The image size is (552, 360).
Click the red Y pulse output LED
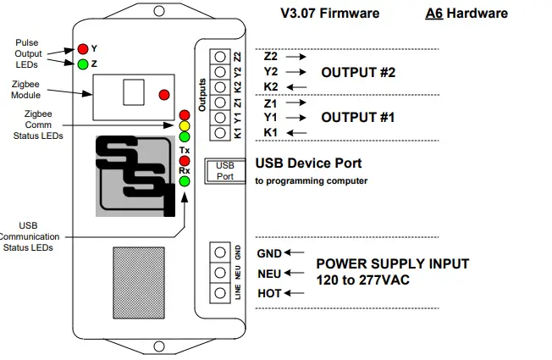83,48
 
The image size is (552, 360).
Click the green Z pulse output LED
83,64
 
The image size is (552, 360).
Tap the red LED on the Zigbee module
163,94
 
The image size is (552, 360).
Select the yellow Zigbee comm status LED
184,125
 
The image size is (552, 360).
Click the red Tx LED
184,160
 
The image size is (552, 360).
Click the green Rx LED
184,180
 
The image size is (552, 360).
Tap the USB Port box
225,170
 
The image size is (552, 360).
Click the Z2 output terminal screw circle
220,56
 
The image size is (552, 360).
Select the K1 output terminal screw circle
220,132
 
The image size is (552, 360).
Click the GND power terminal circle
220,252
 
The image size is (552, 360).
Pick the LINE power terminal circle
220,292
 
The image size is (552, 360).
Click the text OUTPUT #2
358,73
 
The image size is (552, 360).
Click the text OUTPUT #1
358,118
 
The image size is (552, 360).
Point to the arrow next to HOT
294,293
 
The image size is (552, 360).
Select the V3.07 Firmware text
329,14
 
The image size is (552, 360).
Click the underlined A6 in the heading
435,14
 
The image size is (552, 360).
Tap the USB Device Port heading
308,163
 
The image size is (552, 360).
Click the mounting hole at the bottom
158,345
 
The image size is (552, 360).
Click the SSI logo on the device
138,175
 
